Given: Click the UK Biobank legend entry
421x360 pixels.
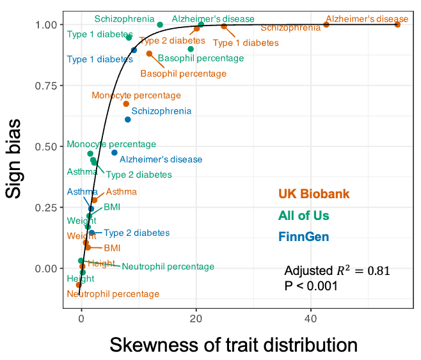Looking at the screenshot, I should pos(314,194).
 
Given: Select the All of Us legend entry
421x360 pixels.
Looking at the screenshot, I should pos(308,216).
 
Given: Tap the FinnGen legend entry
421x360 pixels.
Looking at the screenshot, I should pos(303,237).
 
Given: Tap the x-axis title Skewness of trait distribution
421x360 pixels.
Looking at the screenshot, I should pos(233,345).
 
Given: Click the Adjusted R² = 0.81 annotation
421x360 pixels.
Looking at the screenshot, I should pos(337,271).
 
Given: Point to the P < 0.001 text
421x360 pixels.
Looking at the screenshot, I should pos(310,286).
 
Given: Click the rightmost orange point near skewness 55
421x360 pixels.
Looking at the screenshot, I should pos(397,24).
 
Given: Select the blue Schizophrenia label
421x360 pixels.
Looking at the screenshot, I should pos(161,111).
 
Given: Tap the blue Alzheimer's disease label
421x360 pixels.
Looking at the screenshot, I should pos(161,159).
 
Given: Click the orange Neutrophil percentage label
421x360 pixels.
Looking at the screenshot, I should pos(113,294).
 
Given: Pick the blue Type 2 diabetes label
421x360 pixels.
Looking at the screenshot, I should pos(136,233).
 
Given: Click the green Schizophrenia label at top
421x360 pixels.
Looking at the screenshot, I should pos(124,19).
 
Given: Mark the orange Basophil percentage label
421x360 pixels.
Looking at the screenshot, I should pos(183,74).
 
